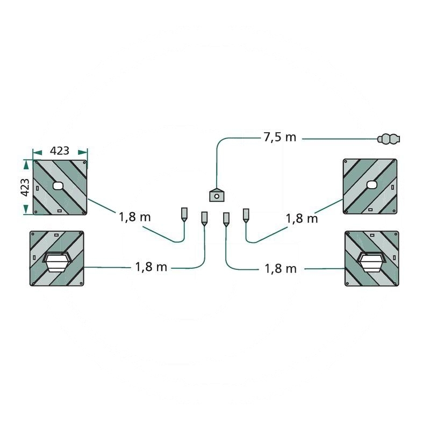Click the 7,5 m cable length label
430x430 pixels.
tap(280, 137)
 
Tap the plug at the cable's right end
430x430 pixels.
tap(389, 139)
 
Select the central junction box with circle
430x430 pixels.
tap(217, 195)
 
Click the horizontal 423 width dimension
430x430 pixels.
tap(60, 150)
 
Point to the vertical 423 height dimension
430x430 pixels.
tap(25, 187)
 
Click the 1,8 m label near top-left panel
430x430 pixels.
tap(135, 217)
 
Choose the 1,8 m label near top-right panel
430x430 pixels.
tap(302, 219)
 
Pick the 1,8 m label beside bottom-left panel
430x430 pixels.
tap(151, 267)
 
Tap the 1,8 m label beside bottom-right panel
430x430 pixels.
tap(281, 268)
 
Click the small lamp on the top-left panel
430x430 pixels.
tap(58, 186)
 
